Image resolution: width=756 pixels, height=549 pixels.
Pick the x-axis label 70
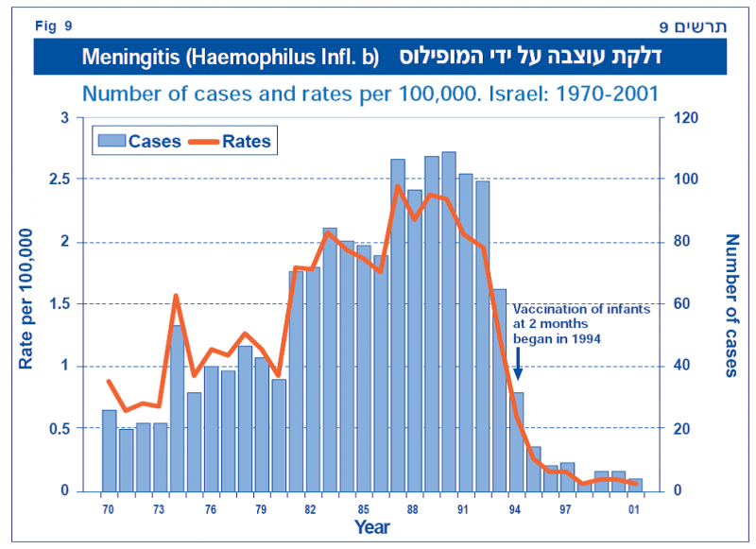(109, 509)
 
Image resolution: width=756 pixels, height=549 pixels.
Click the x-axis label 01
(635, 509)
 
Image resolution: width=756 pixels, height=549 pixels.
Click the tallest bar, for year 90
(449, 321)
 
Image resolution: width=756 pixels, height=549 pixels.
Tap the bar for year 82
(313, 378)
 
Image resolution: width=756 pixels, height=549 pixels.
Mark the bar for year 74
(177, 407)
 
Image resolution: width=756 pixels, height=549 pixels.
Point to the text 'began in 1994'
(557, 337)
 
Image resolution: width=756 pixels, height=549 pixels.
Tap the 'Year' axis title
(371, 527)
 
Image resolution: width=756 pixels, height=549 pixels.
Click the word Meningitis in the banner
(128, 57)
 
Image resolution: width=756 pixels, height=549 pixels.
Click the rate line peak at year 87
(398, 186)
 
